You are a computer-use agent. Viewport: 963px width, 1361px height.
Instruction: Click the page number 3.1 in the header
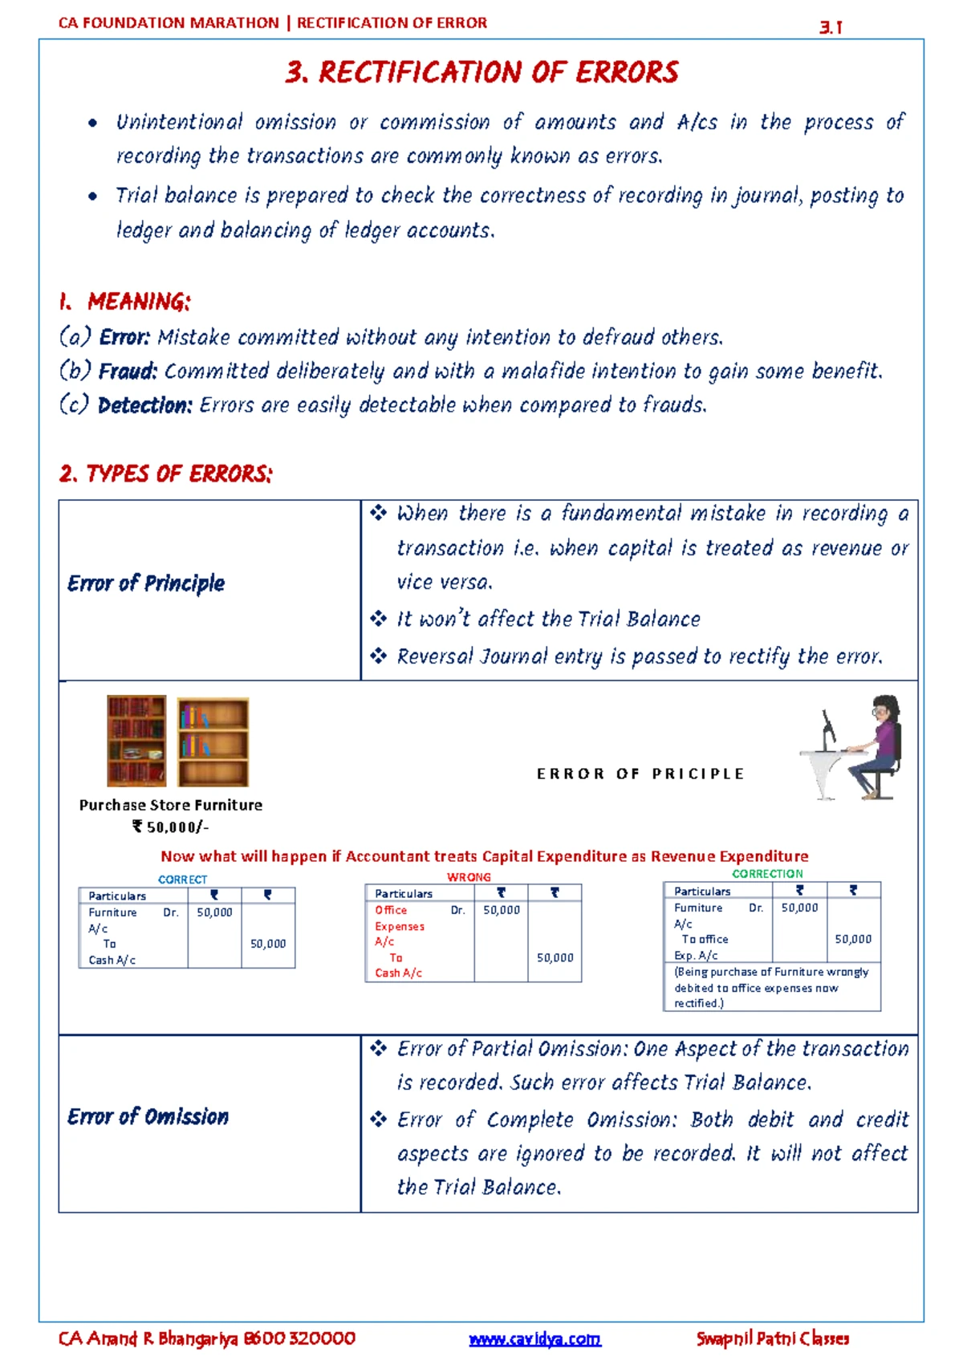click(831, 27)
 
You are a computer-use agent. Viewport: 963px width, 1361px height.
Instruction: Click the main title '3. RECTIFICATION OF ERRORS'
click(481, 72)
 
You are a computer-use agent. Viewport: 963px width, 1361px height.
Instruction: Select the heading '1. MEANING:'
click(125, 302)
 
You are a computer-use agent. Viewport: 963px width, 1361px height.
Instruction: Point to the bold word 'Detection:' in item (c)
click(144, 405)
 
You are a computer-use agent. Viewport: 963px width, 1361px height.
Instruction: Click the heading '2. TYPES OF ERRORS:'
click(165, 473)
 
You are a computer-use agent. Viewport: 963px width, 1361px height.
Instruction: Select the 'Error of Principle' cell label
click(146, 583)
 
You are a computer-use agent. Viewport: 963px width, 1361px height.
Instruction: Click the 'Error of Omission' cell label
click(148, 1116)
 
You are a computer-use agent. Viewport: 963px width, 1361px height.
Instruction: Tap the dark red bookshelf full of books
click(136, 741)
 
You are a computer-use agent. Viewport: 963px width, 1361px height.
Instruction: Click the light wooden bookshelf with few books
click(213, 741)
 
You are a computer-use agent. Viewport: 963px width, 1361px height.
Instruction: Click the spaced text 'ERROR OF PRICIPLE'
click(640, 774)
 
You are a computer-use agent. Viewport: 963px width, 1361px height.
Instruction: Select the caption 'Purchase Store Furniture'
click(170, 805)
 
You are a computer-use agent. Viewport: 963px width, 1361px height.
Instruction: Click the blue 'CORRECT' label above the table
click(182, 880)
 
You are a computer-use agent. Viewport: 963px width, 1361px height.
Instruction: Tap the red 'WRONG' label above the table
click(469, 877)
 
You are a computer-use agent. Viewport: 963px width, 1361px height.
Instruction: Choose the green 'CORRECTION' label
click(767, 873)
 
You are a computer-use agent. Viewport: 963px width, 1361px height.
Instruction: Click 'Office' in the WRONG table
click(391, 910)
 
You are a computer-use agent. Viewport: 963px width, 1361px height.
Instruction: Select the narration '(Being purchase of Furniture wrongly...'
click(770, 987)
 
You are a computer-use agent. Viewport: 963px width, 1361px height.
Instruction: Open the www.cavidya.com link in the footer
click(534, 1339)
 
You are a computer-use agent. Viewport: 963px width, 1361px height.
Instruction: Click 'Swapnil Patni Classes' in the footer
click(772, 1338)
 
